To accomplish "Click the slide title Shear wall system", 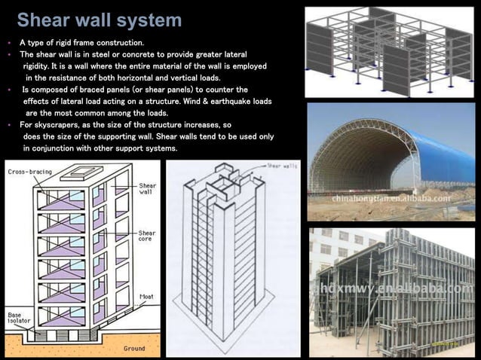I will click(x=99, y=20).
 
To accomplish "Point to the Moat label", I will click(x=146, y=297).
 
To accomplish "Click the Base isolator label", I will click(x=20, y=318).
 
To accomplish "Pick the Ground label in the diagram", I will click(x=133, y=349).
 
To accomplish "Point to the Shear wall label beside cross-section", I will click(x=147, y=188).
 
